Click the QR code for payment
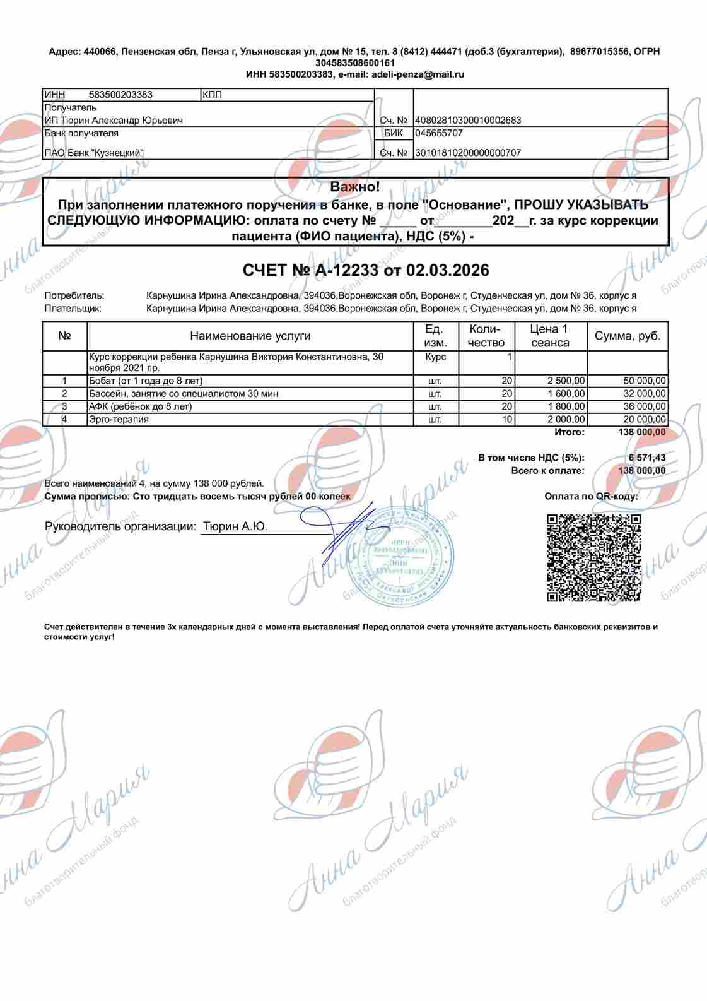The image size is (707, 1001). click(593, 557)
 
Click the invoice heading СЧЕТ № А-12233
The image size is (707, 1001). click(366, 270)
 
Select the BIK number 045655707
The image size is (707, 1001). click(439, 133)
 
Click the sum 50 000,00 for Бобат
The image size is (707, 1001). click(644, 381)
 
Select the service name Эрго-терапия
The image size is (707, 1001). click(119, 419)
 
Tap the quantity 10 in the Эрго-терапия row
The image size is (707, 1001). click(506, 419)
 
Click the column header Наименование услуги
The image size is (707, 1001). click(250, 336)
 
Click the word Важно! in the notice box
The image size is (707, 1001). click(355, 187)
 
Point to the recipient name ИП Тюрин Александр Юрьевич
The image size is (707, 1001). click(114, 121)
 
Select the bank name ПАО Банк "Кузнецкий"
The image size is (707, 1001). click(94, 153)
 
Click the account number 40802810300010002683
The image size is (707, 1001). click(467, 121)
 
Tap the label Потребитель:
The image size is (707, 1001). click(74, 295)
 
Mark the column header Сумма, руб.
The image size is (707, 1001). click(628, 336)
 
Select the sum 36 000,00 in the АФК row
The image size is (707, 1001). click(644, 406)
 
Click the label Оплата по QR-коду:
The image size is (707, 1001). click(591, 496)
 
